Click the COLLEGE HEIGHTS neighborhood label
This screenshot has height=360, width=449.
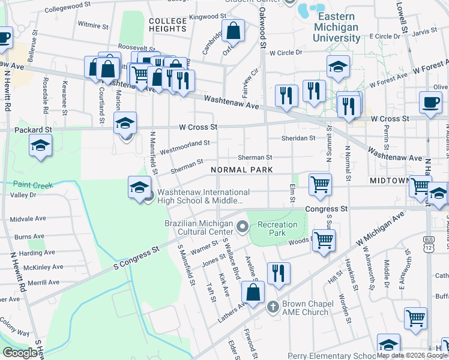pyautogui.click(x=168, y=25)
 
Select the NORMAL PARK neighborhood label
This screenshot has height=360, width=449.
pyautogui.click(x=242, y=170)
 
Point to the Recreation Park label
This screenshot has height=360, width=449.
pyautogui.click(x=277, y=229)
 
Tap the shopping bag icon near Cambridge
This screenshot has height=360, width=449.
pyautogui.click(x=233, y=30)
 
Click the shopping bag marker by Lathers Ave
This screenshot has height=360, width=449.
pyautogui.click(x=253, y=292)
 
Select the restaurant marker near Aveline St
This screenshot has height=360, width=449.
pyautogui.click(x=279, y=274)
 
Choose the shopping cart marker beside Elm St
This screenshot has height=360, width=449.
pyautogui.click(x=321, y=184)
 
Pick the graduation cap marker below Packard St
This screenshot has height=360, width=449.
pyautogui.click(x=41, y=145)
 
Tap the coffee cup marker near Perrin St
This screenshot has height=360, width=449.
pyautogui.click(x=431, y=101)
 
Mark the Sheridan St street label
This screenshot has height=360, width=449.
pyautogui.click(x=298, y=138)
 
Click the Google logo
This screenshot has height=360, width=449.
pyautogui.click(x=20, y=353)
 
